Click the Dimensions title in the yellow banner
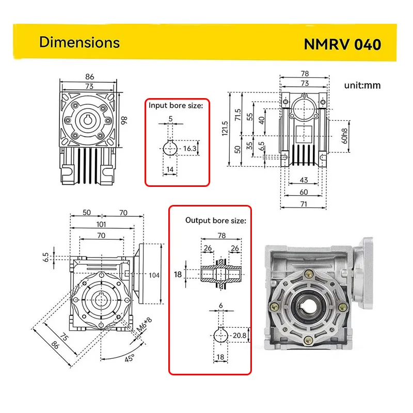[x=79, y=42]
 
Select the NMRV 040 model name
[x=342, y=44]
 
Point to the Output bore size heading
[x=216, y=220]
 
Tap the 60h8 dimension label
[x=345, y=132]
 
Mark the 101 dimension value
[x=101, y=224]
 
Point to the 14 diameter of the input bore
[x=169, y=169]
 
